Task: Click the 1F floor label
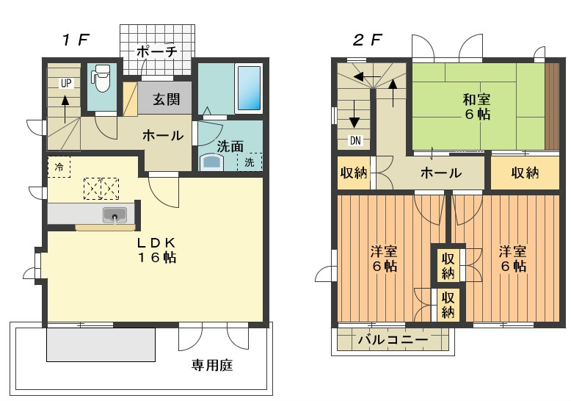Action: [75, 40]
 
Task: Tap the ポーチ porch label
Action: [157, 52]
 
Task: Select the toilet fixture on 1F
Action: [101, 79]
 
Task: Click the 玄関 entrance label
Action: [166, 99]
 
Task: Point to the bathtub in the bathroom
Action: [248, 90]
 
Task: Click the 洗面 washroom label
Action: [230, 145]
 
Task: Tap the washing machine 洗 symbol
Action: [250, 162]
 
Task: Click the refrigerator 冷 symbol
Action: [59, 167]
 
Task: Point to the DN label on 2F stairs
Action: [354, 140]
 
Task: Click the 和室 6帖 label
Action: [477, 106]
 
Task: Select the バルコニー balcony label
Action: [393, 341]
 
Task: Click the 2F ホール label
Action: [440, 173]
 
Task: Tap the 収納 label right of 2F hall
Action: [525, 173]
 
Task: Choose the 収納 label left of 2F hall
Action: [354, 173]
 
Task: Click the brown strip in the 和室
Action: [552, 106]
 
